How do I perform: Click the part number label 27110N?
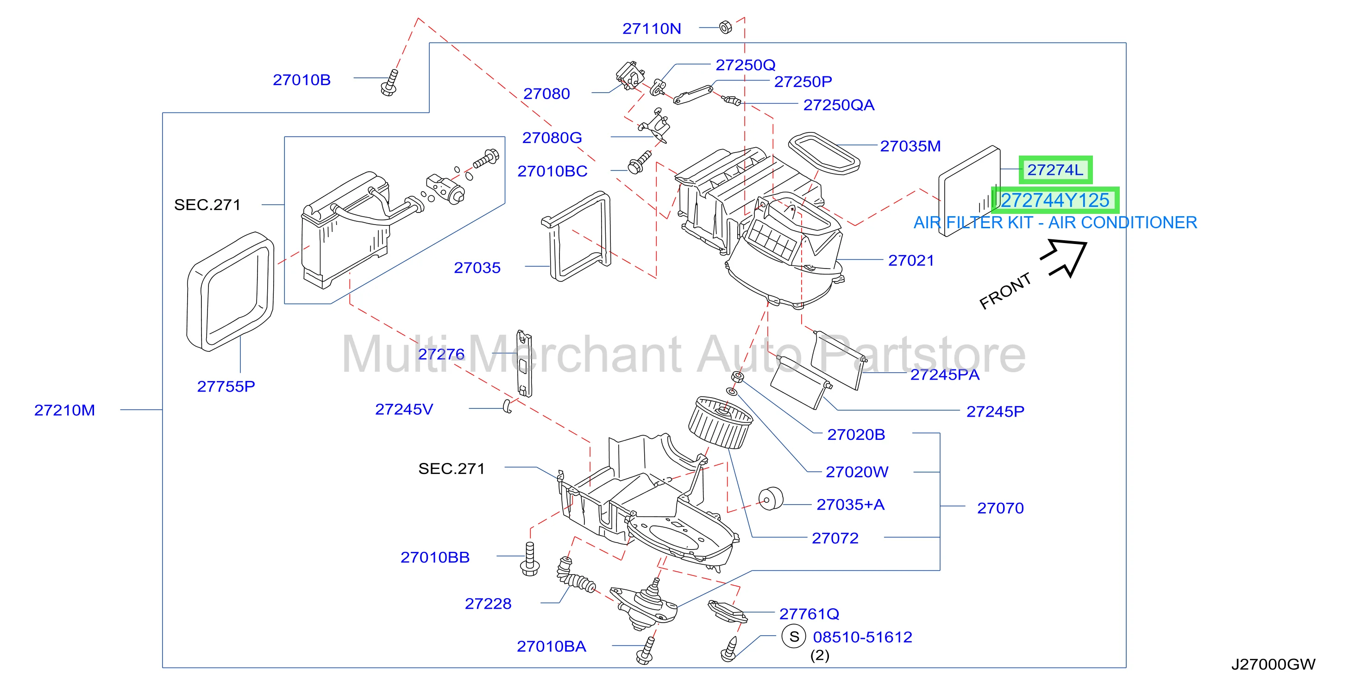pos(651,28)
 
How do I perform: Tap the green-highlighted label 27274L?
pos(1055,170)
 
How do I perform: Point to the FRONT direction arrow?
pos(1064,258)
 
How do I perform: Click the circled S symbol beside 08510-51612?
pos(794,637)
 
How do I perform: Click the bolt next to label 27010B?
pos(390,83)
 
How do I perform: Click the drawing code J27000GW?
pos(1273,664)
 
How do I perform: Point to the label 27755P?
pos(226,386)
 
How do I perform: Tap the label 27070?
pos(1000,508)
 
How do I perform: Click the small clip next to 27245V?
pos(507,406)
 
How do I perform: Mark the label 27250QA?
pos(839,105)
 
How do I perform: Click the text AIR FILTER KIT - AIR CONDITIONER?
pos(1055,223)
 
